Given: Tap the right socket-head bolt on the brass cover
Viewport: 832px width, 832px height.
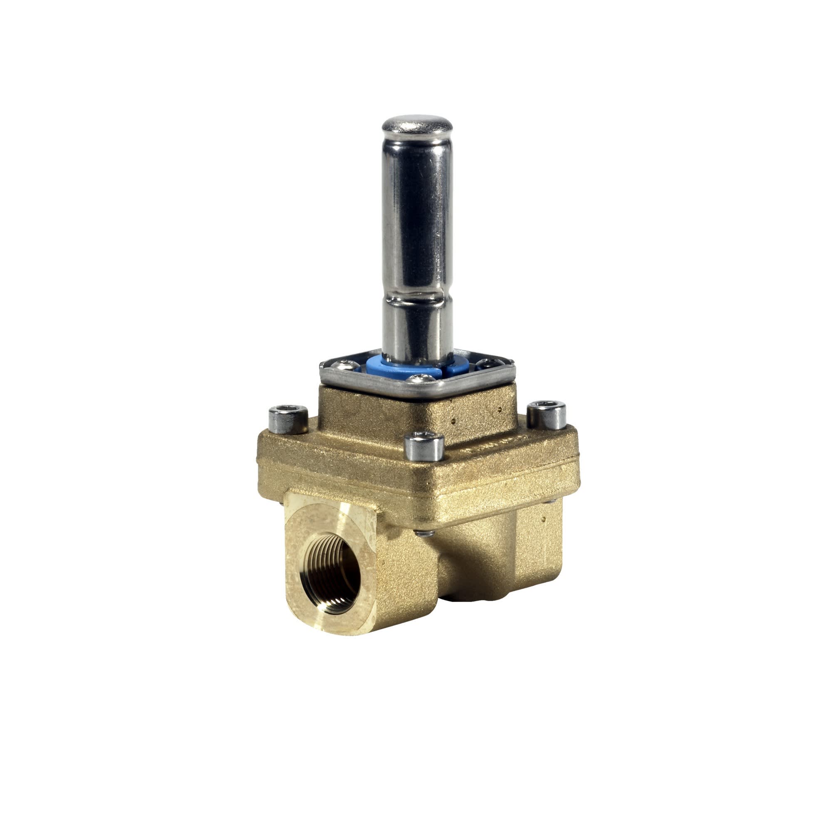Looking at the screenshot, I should (x=547, y=414).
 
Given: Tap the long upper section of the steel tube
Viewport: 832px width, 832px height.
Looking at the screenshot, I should (x=417, y=207).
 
